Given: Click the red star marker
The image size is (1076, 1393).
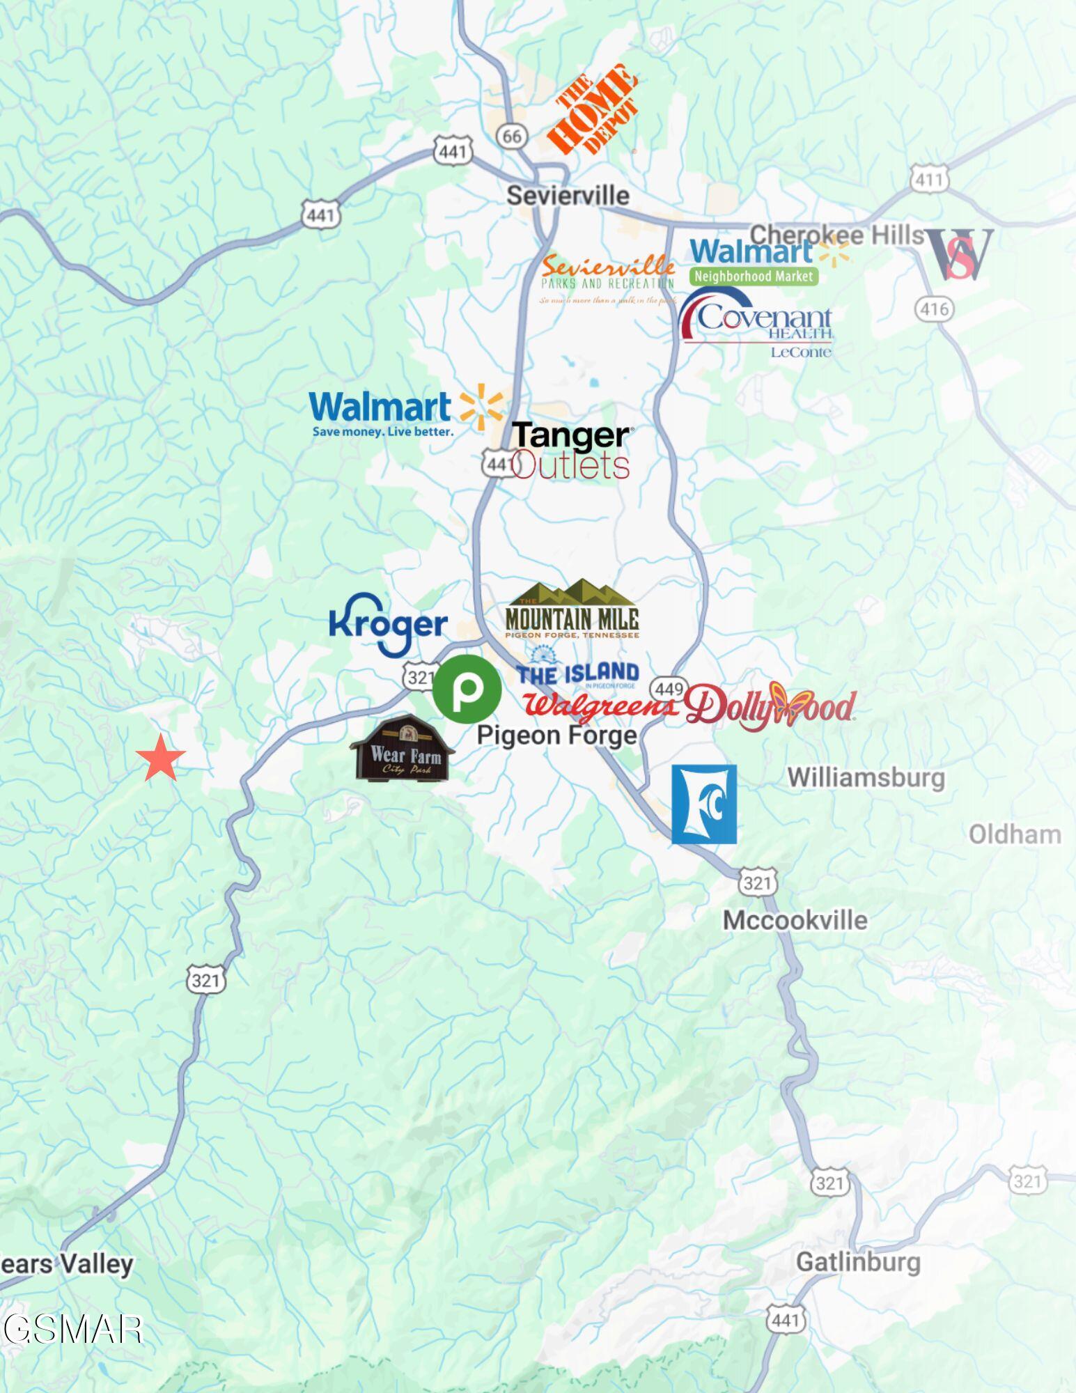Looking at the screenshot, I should pos(161,758).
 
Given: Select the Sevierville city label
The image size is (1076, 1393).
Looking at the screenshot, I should pos(568,195).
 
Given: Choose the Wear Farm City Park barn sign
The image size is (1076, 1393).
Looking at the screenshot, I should pos(403,749).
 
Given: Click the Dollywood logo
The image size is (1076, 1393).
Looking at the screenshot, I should pos(770,706).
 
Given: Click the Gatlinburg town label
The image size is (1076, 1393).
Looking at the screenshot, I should pos(857,1261).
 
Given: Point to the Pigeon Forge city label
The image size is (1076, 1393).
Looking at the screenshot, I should pos(557,735).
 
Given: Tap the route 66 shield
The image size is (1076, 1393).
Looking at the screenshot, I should pos(512,136).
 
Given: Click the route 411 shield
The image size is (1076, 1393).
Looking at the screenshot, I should pos(930,180).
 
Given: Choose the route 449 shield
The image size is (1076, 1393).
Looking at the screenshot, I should pos(668,689).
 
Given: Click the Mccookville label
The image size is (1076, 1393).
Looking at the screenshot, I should pos(795,920).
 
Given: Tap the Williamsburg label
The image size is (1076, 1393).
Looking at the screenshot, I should pos(866,777).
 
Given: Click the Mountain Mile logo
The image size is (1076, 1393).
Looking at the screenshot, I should pos(572,610).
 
